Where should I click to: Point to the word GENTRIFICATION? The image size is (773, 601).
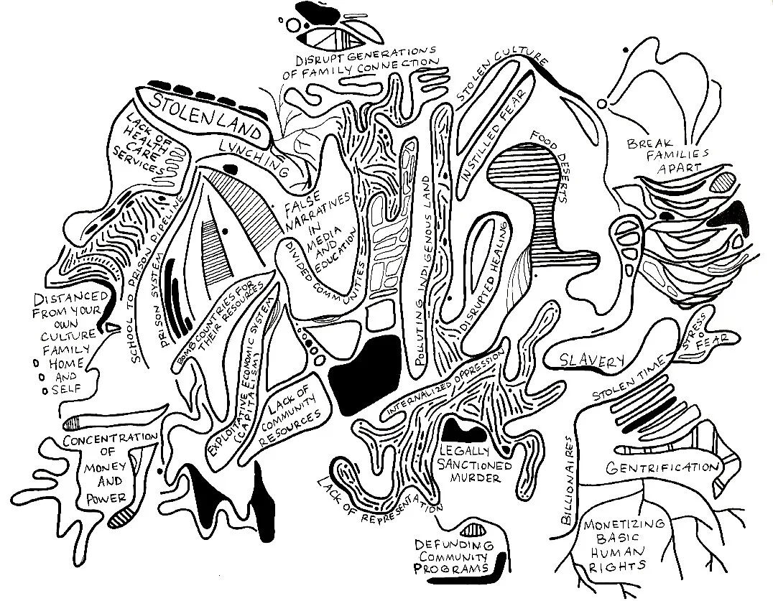coord(662,468)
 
